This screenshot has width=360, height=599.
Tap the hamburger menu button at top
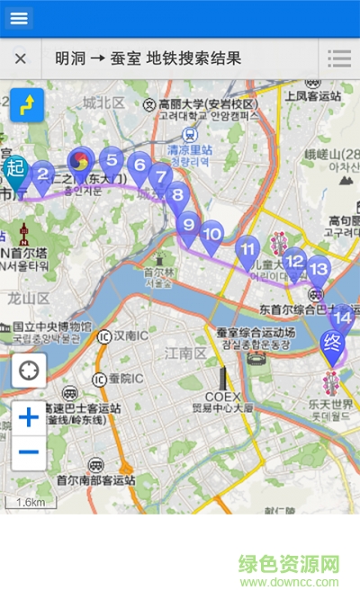[x=19, y=18]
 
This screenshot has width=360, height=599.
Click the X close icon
[x=20, y=59]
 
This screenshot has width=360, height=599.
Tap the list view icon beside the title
[x=339, y=59]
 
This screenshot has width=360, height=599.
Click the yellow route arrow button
[x=27, y=104]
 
